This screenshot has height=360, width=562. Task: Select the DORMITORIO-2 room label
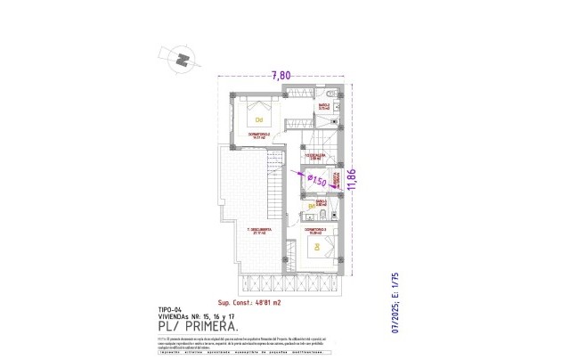coord(257,135)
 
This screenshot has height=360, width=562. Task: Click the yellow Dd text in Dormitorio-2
coord(259,119)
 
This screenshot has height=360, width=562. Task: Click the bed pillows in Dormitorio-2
coord(242,115)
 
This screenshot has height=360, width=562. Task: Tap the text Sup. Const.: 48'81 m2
coord(245,303)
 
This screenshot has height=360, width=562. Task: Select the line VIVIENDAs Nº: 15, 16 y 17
coord(183,316)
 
